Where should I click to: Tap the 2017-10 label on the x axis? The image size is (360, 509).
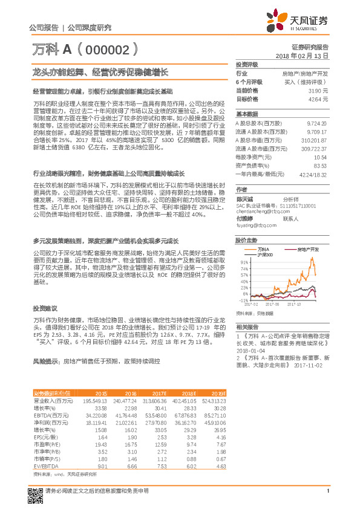295,305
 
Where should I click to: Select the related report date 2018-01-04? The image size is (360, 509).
250,351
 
